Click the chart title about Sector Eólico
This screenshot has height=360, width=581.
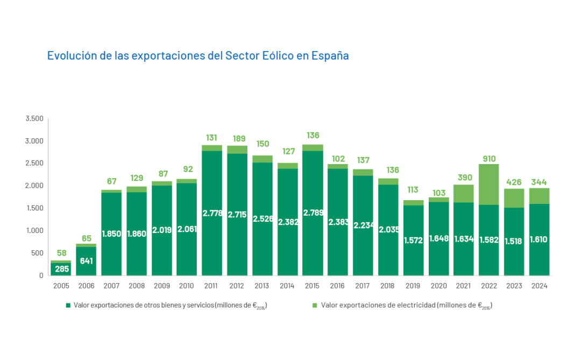[x=198, y=55]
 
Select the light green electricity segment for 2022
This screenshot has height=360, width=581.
[x=488, y=184]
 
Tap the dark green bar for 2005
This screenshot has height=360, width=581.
[x=61, y=269]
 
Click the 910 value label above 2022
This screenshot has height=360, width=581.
[x=488, y=159]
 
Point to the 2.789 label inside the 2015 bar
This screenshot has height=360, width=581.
[x=313, y=214]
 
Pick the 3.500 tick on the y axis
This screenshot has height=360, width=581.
[x=34, y=118]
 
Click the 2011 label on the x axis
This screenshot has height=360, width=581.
[x=212, y=286]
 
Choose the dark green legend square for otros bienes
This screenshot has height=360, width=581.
[x=68, y=306]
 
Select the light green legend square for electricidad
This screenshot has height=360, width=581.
[x=314, y=306]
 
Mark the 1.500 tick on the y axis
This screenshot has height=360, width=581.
[x=34, y=208]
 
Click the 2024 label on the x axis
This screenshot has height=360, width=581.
[x=539, y=286]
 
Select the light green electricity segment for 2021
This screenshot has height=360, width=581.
[x=463, y=193]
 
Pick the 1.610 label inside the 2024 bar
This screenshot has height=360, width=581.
[x=539, y=239]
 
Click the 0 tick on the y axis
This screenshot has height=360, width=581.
[x=41, y=276]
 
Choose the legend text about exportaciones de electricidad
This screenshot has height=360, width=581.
[x=407, y=306]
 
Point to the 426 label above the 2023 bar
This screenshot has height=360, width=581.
[x=514, y=182]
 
